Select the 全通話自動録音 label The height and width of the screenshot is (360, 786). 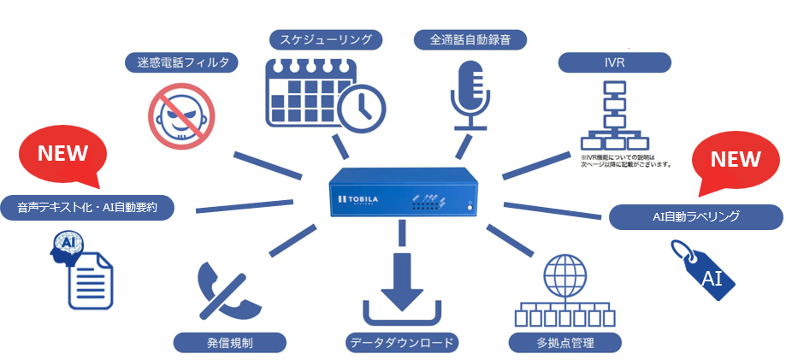[470, 39]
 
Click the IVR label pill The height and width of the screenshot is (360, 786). [613, 62]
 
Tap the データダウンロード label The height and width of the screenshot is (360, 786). [402, 342]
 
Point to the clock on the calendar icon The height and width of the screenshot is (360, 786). [361, 107]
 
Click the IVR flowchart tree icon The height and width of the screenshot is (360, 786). [613, 115]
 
